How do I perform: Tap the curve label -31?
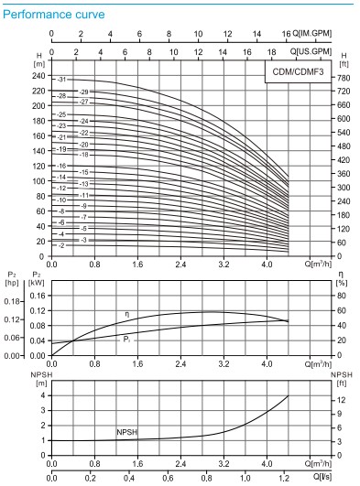(62, 81)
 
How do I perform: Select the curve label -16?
(62, 167)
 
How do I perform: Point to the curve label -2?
(62, 245)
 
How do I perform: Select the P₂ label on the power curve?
(126, 340)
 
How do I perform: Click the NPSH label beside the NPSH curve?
(127, 430)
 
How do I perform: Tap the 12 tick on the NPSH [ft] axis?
(340, 400)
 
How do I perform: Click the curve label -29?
(83, 92)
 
